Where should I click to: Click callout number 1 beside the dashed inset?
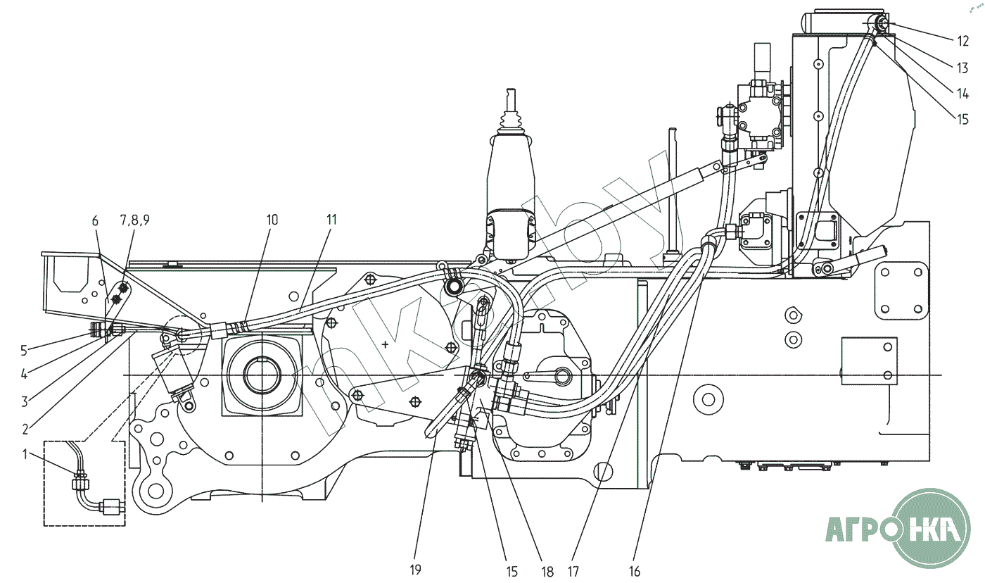click(x=25, y=454)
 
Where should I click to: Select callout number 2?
click(x=25, y=429)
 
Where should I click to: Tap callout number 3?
click(x=25, y=402)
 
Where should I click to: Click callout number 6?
click(x=96, y=220)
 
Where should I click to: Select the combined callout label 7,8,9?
click(x=134, y=220)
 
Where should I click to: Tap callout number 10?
click(x=272, y=220)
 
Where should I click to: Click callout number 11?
click(x=331, y=220)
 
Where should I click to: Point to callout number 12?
click(x=962, y=42)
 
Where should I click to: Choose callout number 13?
click(x=962, y=68)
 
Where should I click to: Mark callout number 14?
click(x=962, y=94)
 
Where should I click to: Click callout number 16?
click(x=635, y=572)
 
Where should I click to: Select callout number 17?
click(x=573, y=572)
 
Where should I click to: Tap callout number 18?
click(x=547, y=572)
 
